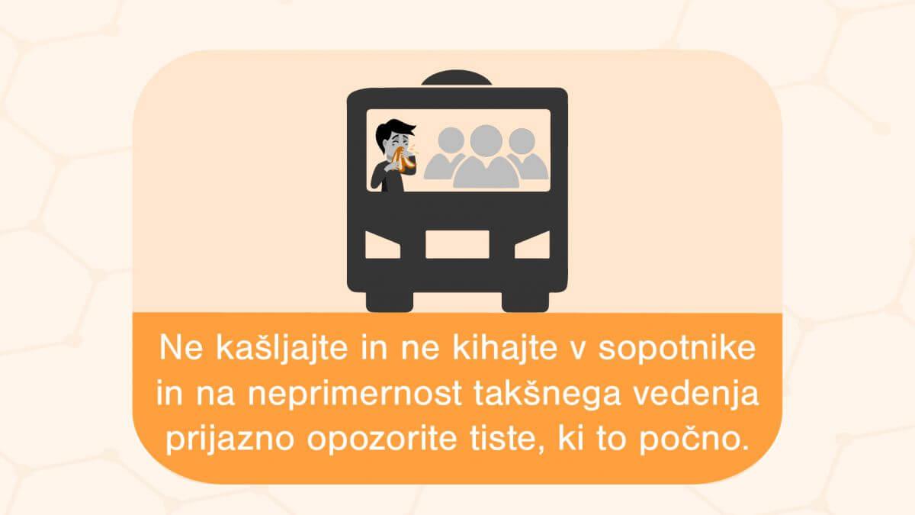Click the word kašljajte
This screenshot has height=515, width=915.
281,349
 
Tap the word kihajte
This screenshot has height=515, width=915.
504,347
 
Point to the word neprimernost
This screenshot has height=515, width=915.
355,395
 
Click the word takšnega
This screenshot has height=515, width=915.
547,394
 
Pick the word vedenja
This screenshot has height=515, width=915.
695,394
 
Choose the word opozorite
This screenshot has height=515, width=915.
382,440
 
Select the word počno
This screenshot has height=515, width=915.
694,441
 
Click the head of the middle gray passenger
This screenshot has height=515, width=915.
486,141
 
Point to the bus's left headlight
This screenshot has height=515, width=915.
383,245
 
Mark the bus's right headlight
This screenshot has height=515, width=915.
532,245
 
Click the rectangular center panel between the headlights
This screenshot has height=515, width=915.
457,244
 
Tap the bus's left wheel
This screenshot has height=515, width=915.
390,301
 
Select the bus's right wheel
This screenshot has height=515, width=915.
525,301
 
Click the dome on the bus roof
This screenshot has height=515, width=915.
457,78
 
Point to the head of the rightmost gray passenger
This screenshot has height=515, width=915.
522,141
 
